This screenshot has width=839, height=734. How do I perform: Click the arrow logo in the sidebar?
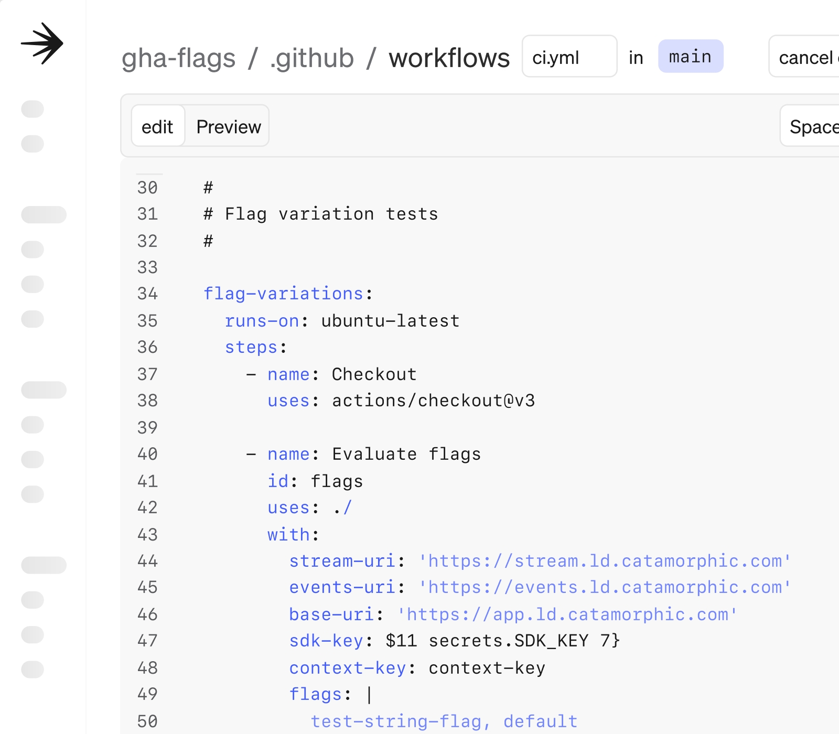pyautogui.click(x=42, y=44)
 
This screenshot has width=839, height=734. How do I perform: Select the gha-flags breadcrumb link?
pyautogui.click(x=178, y=58)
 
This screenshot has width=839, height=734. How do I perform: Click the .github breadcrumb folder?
pyautogui.click(x=312, y=58)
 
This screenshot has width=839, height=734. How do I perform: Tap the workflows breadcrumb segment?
pyautogui.click(x=449, y=58)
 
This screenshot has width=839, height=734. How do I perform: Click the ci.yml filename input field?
pyautogui.click(x=569, y=56)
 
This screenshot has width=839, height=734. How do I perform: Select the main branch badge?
pyautogui.click(x=691, y=56)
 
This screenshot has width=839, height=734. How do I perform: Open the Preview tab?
pyautogui.click(x=229, y=126)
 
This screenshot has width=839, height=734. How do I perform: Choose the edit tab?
pyautogui.click(x=157, y=126)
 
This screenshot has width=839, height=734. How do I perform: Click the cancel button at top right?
pyautogui.click(x=805, y=56)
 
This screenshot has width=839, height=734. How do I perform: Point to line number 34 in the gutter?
pyautogui.click(x=147, y=294)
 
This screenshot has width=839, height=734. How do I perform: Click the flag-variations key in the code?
pyautogui.click(x=283, y=294)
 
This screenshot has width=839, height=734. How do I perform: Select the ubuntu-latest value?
pyautogui.click(x=390, y=320)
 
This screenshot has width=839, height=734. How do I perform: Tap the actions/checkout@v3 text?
pyautogui.click(x=434, y=401)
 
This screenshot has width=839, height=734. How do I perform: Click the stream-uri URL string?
pyautogui.click(x=605, y=561)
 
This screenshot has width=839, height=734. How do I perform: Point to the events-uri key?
pyautogui.click(x=342, y=587)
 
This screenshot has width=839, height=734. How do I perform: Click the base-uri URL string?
pyautogui.click(x=567, y=614)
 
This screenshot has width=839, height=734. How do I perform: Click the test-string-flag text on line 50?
pyautogui.click(x=396, y=721)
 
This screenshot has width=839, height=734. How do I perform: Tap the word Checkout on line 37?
pyautogui.click(x=374, y=374)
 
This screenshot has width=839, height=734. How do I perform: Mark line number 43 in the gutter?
pyautogui.click(x=147, y=534)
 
